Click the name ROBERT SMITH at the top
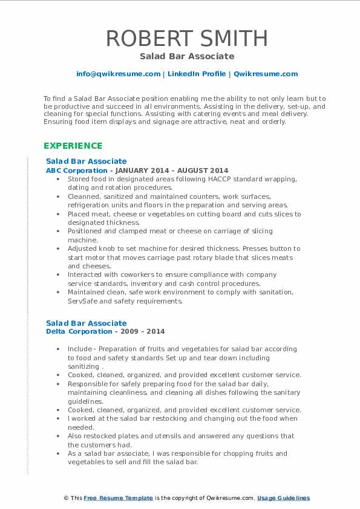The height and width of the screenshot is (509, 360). tap(187, 38)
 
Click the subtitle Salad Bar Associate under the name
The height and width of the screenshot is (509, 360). tap(187, 56)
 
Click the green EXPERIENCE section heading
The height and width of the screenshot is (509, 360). tap(73, 146)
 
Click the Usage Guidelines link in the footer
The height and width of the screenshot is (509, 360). tap(283, 498)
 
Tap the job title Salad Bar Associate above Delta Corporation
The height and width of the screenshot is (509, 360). tap(87, 323)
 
